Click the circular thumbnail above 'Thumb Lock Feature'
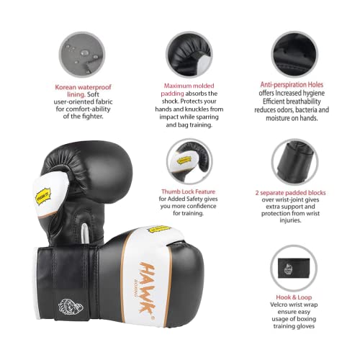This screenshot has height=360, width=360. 189,160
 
